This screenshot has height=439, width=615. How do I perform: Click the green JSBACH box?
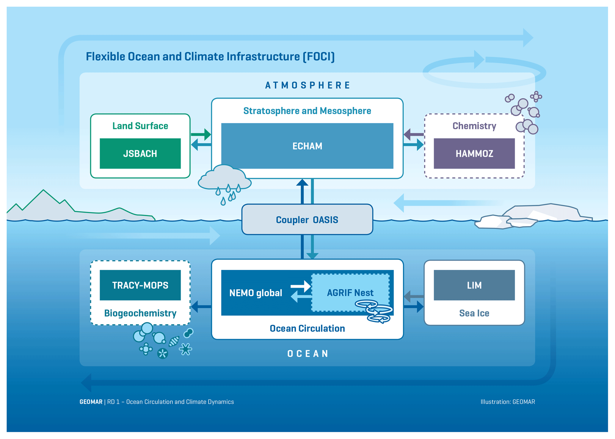(140, 153)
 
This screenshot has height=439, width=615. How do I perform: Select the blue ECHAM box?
(307, 146)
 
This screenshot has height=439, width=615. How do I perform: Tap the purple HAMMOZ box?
(474, 153)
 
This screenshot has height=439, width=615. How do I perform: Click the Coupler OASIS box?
(307, 219)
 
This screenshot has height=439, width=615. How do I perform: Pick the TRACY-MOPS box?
(140, 285)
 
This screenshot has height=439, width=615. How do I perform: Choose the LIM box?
(474, 285)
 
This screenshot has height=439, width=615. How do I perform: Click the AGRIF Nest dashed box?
(350, 293)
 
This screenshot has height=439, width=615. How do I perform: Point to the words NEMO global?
(255, 293)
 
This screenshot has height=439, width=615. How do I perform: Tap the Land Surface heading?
(140, 126)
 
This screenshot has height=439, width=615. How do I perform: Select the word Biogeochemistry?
(140, 313)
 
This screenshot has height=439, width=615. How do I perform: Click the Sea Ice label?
(474, 313)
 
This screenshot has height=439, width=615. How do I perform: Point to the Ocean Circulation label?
(307, 328)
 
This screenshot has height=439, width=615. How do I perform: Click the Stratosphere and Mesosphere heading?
(307, 111)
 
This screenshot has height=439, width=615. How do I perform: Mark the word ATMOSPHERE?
(307, 85)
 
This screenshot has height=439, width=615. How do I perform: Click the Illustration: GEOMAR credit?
(508, 402)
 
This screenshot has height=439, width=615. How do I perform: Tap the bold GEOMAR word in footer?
(91, 402)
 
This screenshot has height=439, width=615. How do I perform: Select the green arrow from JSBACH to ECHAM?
(201, 134)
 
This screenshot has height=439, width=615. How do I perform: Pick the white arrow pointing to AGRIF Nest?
(301, 286)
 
